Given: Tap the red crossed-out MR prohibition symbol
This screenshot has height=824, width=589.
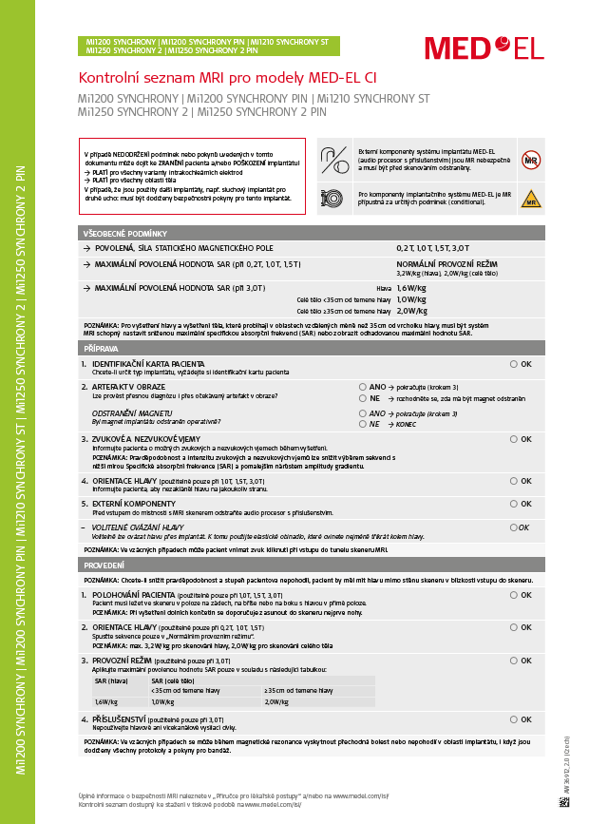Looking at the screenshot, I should pyautogui.click(x=530, y=160).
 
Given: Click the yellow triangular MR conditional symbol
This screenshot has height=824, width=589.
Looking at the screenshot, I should pyautogui.click(x=530, y=201).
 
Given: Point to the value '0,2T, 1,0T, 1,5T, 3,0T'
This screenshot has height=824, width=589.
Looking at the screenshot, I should pyautogui.click(x=432, y=247).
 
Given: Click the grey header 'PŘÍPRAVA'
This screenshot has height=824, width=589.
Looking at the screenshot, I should pyautogui.click(x=103, y=349).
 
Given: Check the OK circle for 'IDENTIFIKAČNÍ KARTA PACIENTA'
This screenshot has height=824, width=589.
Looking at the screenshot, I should pyautogui.click(x=514, y=364).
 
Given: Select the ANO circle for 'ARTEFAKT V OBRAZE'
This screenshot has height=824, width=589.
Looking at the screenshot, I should pyautogui.click(x=362, y=387).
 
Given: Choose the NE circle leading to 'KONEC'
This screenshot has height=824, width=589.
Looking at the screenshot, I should pyautogui.click(x=362, y=424).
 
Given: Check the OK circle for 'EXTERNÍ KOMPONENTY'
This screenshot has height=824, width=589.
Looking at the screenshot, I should pyautogui.click(x=514, y=504).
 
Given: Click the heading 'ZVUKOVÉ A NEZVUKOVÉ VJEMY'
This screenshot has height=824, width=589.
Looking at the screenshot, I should pyautogui.click(x=149, y=439).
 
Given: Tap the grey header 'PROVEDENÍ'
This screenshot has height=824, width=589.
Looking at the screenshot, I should pyautogui.click(x=104, y=565).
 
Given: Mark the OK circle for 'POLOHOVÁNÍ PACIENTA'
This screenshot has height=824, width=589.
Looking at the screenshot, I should pyautogui.click(x=514, y=595).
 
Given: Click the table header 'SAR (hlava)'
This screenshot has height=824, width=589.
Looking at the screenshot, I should pyautogui.click(x=112, y=680).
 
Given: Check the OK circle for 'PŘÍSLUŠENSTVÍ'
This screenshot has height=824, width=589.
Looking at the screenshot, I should pyautogui.click(x=514, y=719).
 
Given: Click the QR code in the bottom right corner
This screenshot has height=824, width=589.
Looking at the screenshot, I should pyautogui.click(x=564, y=800).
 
